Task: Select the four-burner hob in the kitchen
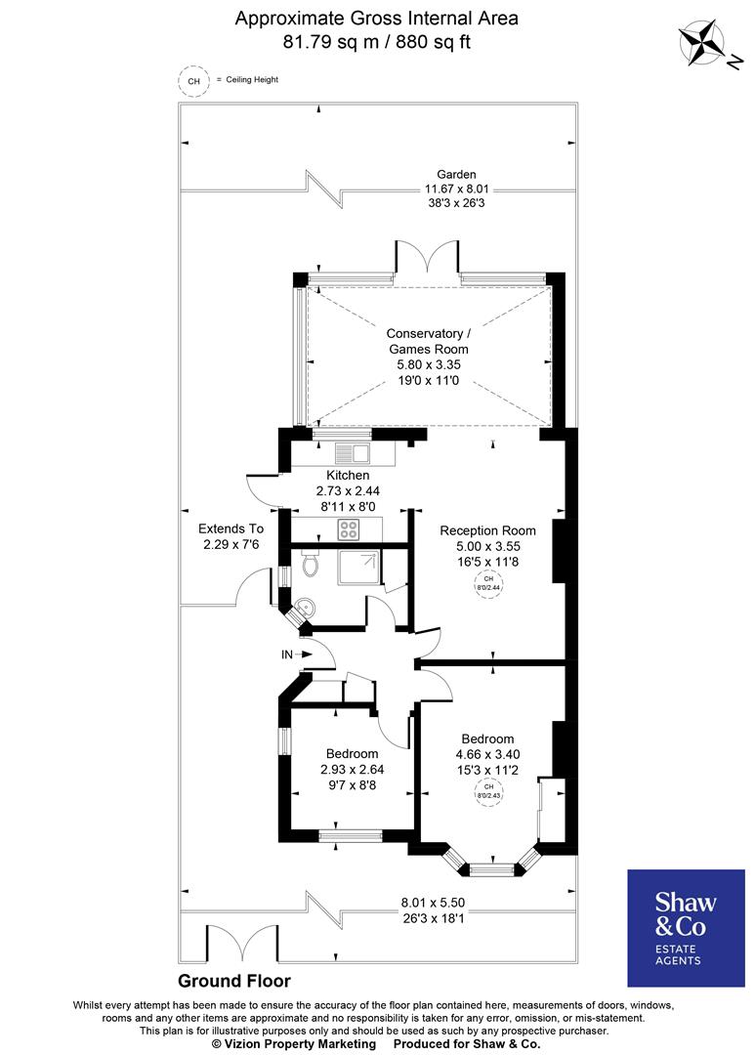point(349,528)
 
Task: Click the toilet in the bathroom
point(311,564)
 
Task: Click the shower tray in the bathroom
point(358,567)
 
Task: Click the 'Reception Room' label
point(487,530)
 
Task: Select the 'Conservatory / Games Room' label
point(428,341)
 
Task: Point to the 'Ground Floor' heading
point(233,981)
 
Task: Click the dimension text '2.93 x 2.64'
point(352,769)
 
